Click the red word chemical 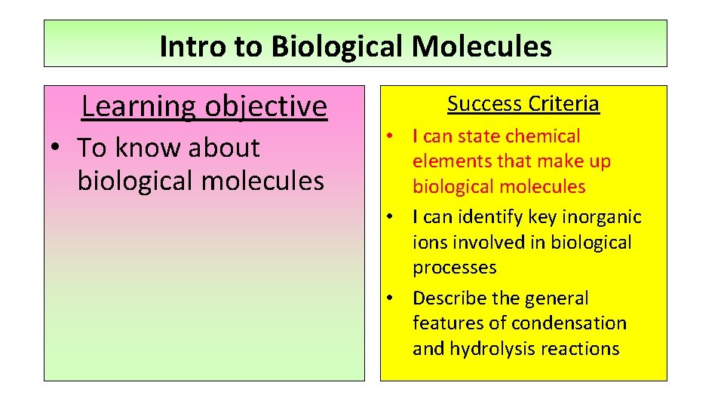(x=544, y=136)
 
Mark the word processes (x=454, y=268)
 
